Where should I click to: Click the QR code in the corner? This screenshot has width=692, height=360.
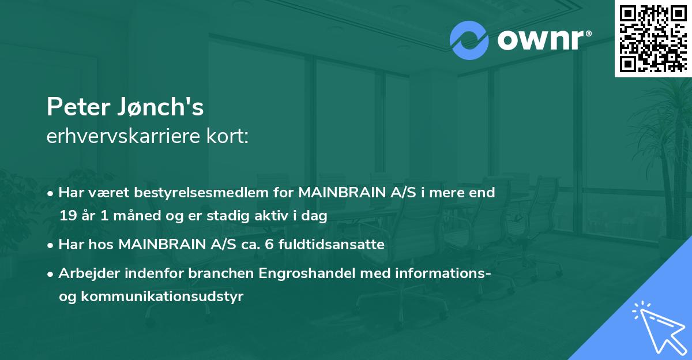pos(653,39)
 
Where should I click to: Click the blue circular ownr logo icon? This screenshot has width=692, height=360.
pos(469,40)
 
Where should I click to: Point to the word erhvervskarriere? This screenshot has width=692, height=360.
pos(118,137)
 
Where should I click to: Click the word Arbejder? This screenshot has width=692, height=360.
pos(84,273)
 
